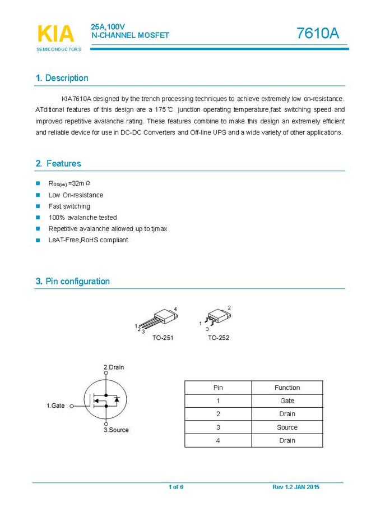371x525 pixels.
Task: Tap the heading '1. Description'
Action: click(x=62, y=78)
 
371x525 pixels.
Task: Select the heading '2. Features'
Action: click(x=58, y=164)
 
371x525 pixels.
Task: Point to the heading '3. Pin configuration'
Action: click(x=72, y=282)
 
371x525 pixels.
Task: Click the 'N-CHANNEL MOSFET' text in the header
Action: click(x=130, y=35)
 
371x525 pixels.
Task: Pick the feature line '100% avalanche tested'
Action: click(x=82, y=218)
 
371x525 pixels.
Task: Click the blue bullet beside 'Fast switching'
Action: click(x=38, y=206)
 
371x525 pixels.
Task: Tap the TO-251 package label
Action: click(x=163, y=338)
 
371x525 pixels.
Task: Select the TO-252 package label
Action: click(x=218, y=338)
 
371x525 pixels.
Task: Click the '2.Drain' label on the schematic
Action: click(x=114, y=367)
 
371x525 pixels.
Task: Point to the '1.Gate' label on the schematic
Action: click(x=55, y=405)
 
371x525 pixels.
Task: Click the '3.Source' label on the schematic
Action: click(x=116, y=430)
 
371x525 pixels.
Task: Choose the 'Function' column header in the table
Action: click(x=287, y=388)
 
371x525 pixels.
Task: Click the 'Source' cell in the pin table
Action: click(x=287, y=427)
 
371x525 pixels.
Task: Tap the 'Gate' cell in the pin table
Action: click(x=287, y=401)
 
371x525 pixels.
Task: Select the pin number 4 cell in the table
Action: click(x=218, y=441)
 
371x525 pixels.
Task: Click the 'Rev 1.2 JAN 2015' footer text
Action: click(x=296, y=487)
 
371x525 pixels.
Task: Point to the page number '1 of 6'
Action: click(x=176, y=487)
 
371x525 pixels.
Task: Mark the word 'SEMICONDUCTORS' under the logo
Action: click(x=59, y=49)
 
